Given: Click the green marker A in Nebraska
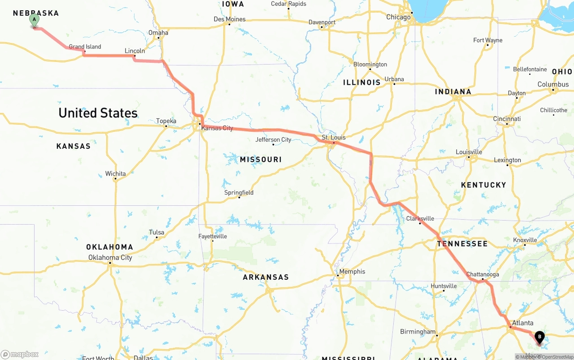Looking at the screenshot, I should tap(34, 20).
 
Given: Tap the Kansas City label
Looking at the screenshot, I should tap(217, 128).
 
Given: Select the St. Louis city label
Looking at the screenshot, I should tap(334, 137).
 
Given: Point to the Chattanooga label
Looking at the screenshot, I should tap(483, 274).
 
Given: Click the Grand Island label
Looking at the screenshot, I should tap(85, 47).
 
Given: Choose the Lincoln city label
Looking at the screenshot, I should tap(135, 51).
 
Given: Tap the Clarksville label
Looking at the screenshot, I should tap(420, 219).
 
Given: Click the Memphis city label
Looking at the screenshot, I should tap(352, 271).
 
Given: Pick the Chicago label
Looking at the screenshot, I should tap(399, 17).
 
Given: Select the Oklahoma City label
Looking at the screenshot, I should tap(110, 257).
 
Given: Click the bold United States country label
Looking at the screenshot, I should tap(98, 113).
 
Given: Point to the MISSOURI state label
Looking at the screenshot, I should tap(261, 160).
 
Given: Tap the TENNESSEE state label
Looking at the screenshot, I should tap(462, 243).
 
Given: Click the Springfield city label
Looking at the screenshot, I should tap(239, 193).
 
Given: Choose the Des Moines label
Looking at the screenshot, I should tap(230, 19).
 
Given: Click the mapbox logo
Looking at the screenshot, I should tap(20, 354).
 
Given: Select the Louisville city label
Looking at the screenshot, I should tap(469, 152).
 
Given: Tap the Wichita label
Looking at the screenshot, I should tap(116, 173).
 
